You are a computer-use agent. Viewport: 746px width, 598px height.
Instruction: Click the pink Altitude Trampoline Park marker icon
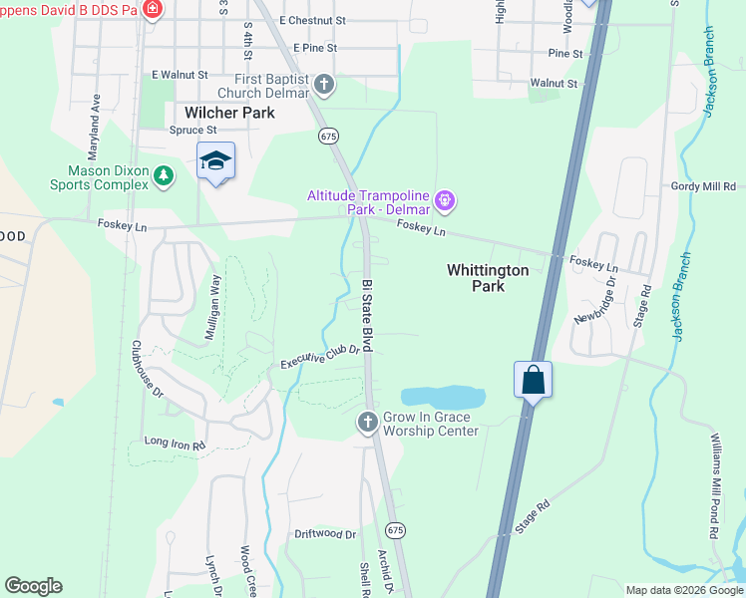(445, 201)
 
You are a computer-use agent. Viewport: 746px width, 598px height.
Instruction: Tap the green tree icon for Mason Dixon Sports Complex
(164, 176)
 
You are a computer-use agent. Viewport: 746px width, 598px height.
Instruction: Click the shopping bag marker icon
(534, 380)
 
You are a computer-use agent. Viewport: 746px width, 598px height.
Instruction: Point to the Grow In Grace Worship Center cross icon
(367, 424)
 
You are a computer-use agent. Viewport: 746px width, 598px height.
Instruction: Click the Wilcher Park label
(229, 113)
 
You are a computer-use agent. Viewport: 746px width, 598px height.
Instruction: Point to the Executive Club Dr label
(318, 354)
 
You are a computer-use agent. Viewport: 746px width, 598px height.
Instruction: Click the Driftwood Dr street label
(325, 534)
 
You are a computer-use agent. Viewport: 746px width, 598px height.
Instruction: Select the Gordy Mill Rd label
(702, 186)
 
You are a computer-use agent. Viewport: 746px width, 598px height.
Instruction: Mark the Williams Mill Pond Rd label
(714, 485)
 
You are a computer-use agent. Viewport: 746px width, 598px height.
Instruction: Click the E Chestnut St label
(312, 20)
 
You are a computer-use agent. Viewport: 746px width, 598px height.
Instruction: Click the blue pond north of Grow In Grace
(443, 397)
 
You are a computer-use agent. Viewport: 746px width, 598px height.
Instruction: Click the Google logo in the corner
(33, 586)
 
